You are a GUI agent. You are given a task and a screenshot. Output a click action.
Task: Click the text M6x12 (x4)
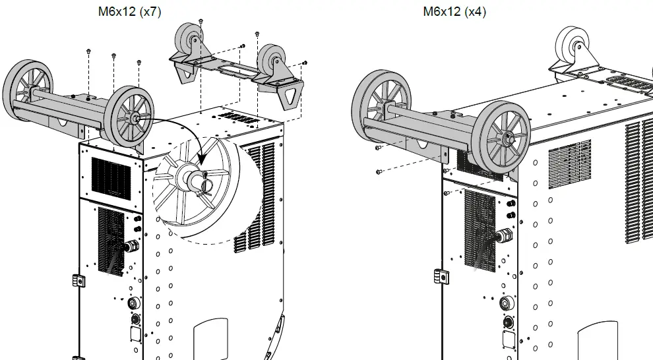point(454,11)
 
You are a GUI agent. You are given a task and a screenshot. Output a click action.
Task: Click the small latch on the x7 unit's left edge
point(76,280)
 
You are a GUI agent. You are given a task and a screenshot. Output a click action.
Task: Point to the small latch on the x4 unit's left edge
point(438,276)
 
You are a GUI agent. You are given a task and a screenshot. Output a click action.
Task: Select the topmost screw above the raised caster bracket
point(201,21)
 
